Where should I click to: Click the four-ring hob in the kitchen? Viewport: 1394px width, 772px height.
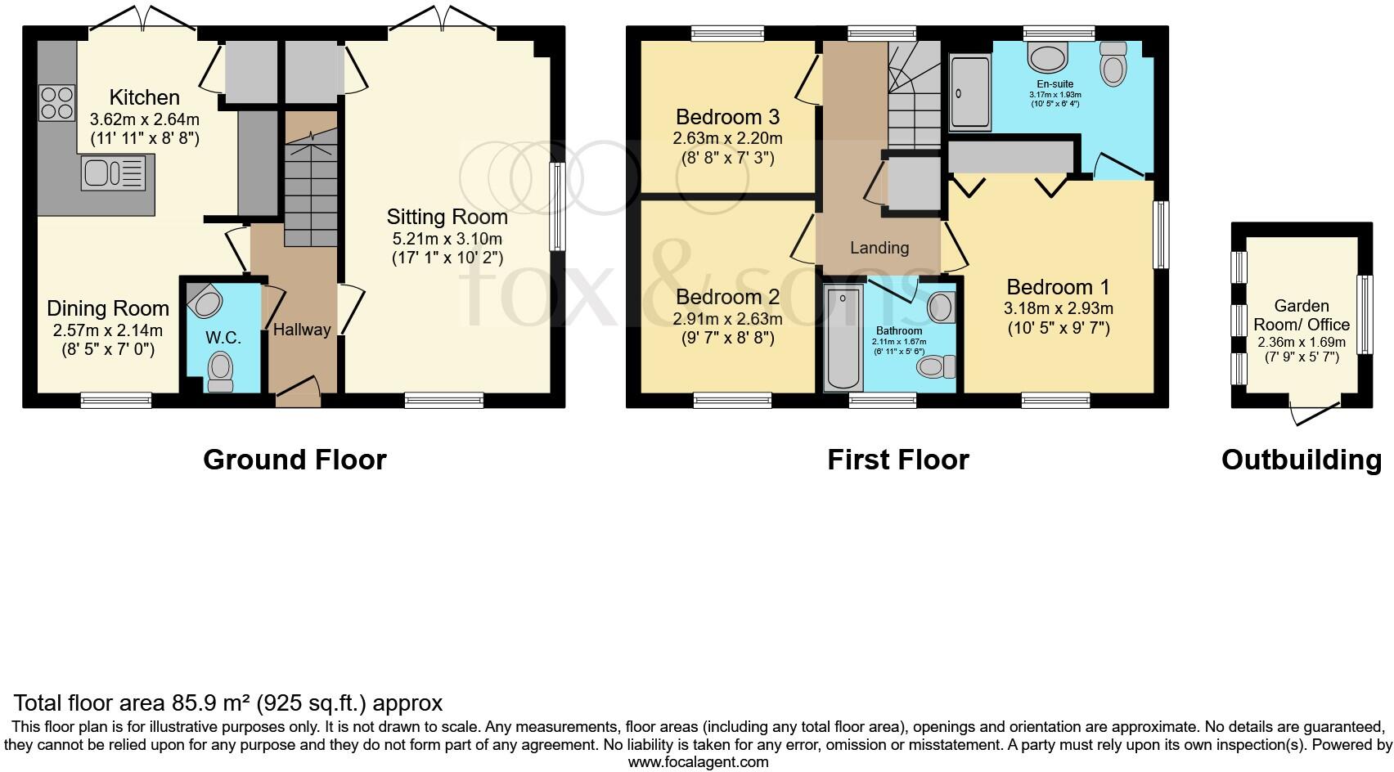pos(56,103)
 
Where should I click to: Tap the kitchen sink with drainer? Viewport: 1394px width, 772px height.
pos(113,173)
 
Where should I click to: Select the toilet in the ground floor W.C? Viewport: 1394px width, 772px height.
pos(220,371)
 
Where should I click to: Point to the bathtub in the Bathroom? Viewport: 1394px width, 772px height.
pos(843,338)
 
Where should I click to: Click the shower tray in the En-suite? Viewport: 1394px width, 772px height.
pos(969,92)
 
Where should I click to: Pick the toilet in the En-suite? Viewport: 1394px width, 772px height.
pos(1113,64)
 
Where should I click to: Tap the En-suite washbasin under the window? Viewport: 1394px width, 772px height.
pos(1048,57)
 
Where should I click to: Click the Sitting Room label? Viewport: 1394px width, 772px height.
pos(447,217)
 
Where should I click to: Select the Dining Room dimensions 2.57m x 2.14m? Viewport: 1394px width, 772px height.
pos(108,330)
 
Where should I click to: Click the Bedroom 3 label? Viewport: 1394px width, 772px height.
pos(727,117)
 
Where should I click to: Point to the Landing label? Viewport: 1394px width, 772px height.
pos(879,248)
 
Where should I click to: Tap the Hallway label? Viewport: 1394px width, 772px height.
pos(302,330)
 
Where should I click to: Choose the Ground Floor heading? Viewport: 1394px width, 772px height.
pos(295,460)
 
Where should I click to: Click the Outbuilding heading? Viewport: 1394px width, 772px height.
pos(1302,460)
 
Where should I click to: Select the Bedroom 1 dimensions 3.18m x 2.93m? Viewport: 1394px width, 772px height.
pos(1058,308)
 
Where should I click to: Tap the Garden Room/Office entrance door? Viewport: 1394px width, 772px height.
pos(1315,413)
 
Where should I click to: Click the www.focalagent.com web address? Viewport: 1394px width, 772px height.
pos(698,762)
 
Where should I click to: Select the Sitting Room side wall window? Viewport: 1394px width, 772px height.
pos(557,207)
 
